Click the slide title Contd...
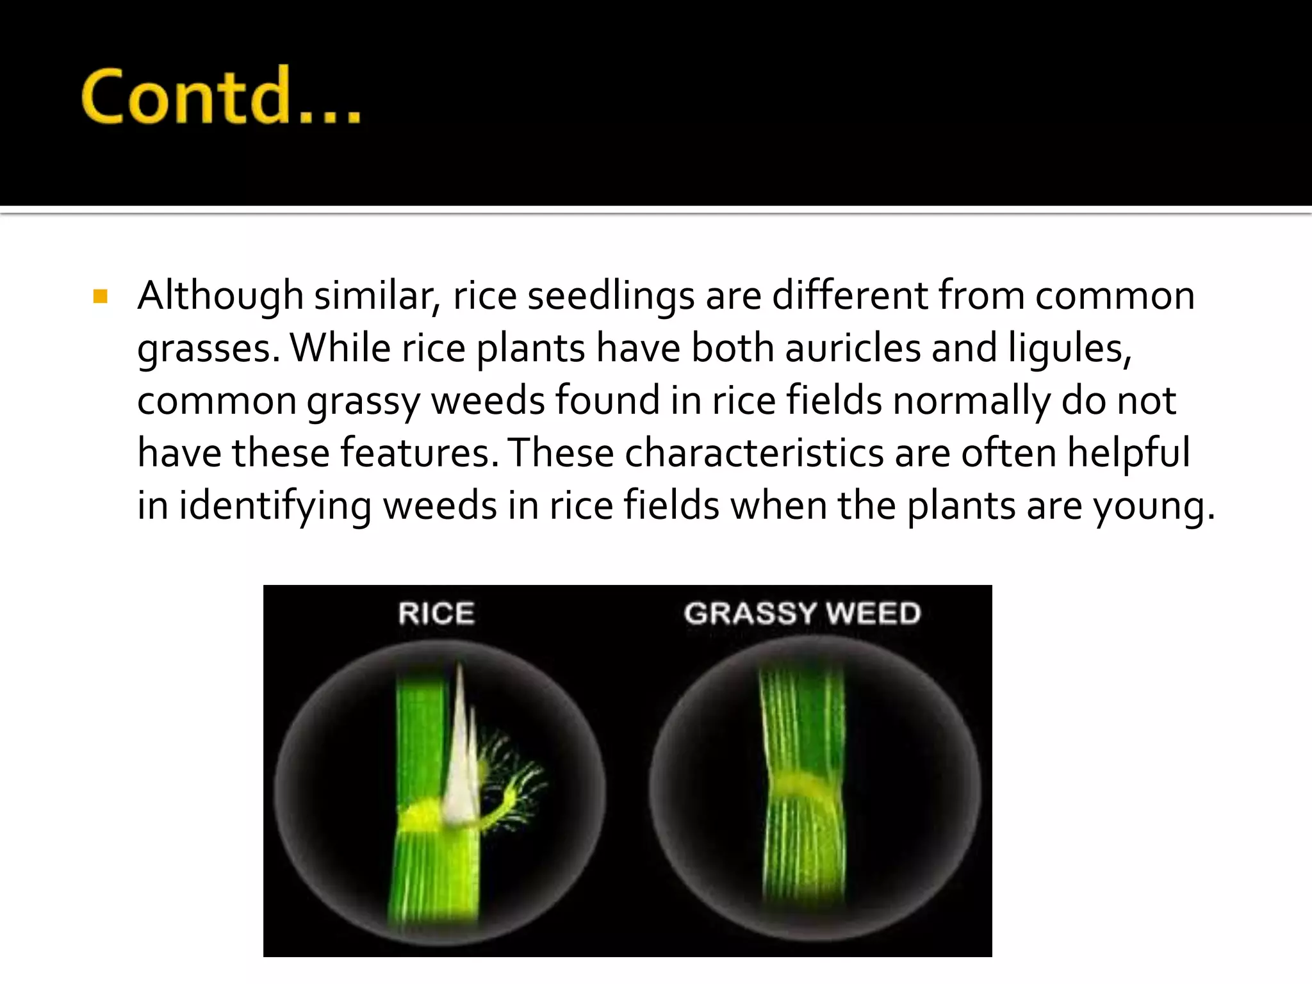coord(221,96)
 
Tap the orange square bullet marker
coord(100,296)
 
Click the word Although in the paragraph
coord(220,296)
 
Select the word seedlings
coord(611,296)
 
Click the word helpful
coord(1128,453)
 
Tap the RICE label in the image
coord(436,613)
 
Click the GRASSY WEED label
coord(802,613)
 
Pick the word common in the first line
coord(1115,296)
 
